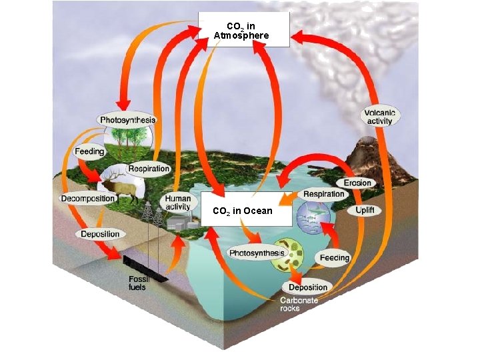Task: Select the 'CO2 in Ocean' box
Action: (243, 211)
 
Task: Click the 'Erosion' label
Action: (358, 183)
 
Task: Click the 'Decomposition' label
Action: (88, 199)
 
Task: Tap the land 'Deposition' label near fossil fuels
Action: (100, 234)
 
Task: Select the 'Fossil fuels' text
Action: (138, 283)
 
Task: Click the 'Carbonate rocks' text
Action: (299, 304)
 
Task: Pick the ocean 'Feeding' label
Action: (334, 258)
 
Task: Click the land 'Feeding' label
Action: (89, 152)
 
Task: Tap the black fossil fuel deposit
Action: (143, 265)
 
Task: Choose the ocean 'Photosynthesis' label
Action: (257, 253)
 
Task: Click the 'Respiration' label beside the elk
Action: (149, 169)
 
